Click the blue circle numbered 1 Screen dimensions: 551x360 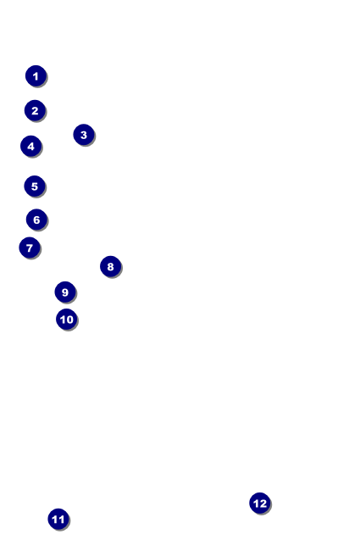click(x=36, y=76)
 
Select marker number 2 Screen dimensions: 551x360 click(x=35, y=111)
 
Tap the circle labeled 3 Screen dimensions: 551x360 click(x=83, y=135)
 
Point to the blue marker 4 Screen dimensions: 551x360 click(x=30, y=147)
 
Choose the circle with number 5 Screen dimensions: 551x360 click(x=34, y=186)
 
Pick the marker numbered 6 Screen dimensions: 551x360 click(x=36, y=220)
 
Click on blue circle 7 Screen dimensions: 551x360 click(x=30, y=248)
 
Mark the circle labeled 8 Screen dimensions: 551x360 click(x=110, y=267)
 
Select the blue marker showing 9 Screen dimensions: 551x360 click(x=65, y=292)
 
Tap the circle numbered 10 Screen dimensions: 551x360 click(x=66, y=320)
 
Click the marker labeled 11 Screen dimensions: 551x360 click(x=58, y=520)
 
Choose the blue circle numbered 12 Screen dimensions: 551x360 click(x=259, y=504)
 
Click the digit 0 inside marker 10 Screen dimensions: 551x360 click(x=69, y=320)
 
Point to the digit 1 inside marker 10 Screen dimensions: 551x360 click(x=63, y=320)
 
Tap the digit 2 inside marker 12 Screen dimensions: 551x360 click(x=263, y=504)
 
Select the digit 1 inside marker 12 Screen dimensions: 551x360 click(x=256, y=504)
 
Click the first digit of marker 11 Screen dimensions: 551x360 click(x=55, y=520)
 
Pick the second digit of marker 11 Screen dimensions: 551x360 click(x=61, y=520)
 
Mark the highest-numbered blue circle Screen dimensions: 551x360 click(x=259, y=504)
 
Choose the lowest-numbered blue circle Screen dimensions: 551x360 click(x=36, y=76)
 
